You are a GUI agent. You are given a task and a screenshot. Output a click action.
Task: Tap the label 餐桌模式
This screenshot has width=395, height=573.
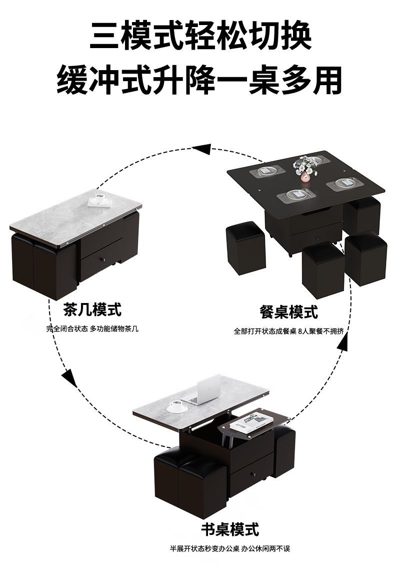pos(288,312)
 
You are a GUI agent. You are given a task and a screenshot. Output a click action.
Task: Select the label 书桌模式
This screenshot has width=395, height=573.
pos(230,529)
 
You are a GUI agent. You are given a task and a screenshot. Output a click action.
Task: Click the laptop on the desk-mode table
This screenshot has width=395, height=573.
pos(204,390)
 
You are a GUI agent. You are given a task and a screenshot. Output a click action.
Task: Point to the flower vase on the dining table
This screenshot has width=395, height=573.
pos(305,169)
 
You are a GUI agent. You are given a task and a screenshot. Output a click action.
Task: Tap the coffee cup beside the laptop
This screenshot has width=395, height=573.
pos(176,406)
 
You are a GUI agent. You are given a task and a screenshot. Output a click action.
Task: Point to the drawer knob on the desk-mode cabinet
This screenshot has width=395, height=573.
pos(253,473)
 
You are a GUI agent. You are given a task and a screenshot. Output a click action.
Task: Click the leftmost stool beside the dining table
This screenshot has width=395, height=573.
pos(245,248)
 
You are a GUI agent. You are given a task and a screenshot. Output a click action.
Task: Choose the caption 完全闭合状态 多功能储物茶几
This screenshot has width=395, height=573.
pos(92,329)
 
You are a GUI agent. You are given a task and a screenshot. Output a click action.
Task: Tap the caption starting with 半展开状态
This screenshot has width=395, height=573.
pos(230,548)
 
